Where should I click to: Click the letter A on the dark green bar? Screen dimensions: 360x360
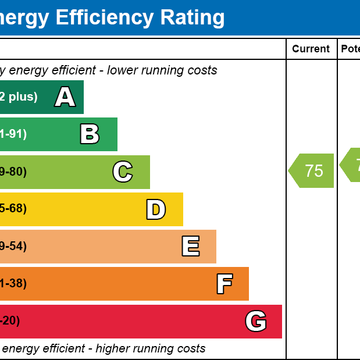(x=65, y=97)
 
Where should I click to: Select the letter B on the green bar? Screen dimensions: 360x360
(x=90, y=134)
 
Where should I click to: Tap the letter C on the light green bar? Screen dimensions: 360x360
(x=123, y=172)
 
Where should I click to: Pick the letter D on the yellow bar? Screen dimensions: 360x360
(x=156, y=209)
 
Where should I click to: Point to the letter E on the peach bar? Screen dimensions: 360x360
(x=191, y=247)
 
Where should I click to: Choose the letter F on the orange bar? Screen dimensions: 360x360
(x=224, y=284)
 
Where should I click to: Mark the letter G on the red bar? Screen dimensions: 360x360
(x=256, y=321)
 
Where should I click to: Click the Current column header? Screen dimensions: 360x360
(x=311, y=49)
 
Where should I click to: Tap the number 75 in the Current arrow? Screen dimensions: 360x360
(x=314, y=171)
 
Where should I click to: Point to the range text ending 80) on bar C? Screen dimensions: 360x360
(x=13, y=172)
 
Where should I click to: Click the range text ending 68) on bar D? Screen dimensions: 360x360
(x=13, y=209)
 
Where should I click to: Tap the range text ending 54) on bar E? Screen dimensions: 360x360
(x=13, y=246)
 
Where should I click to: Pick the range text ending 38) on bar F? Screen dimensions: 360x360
(x=13, y=284)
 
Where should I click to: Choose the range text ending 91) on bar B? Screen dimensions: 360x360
(x=13, y=134)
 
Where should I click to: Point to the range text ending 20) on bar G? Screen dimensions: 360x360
(x=9, y=321)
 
